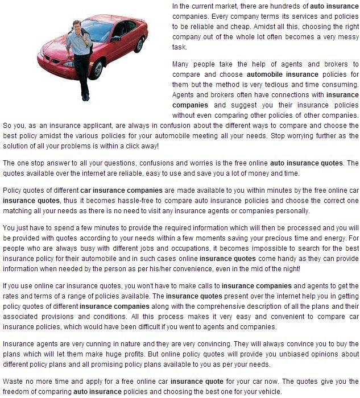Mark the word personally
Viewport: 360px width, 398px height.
click(x=291, y=210)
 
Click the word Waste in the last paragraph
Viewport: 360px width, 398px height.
click(x=13, y=381)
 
